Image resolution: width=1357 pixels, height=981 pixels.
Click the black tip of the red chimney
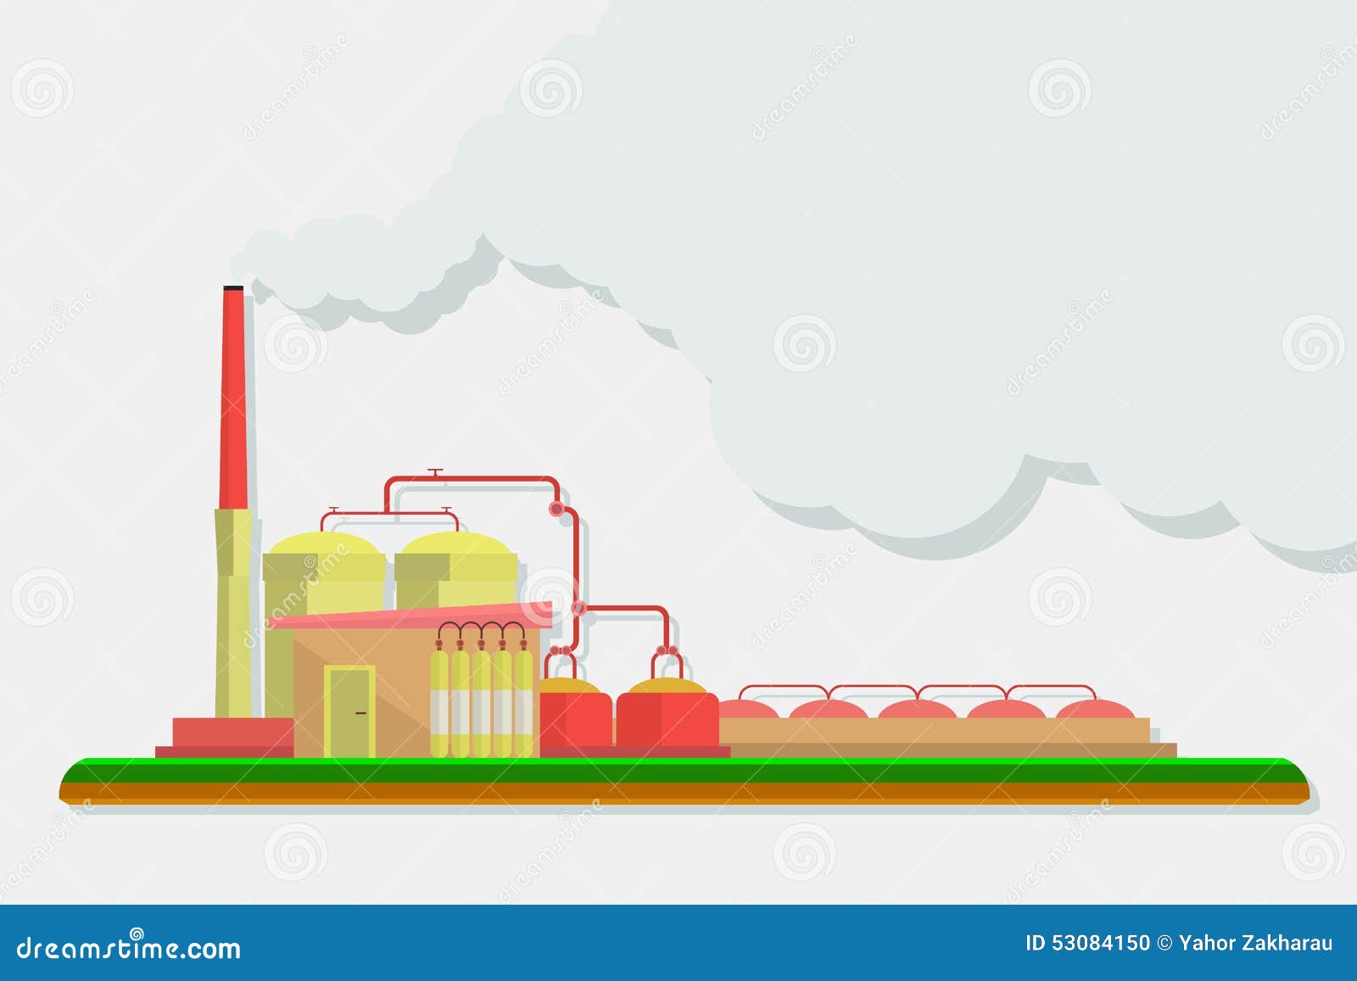click(233, 289)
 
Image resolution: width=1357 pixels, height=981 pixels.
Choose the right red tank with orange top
click(668, 712)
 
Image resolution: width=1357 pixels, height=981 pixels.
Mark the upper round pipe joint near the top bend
click(557, 508)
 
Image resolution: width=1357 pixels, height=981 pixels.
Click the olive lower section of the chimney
click(233, 610)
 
